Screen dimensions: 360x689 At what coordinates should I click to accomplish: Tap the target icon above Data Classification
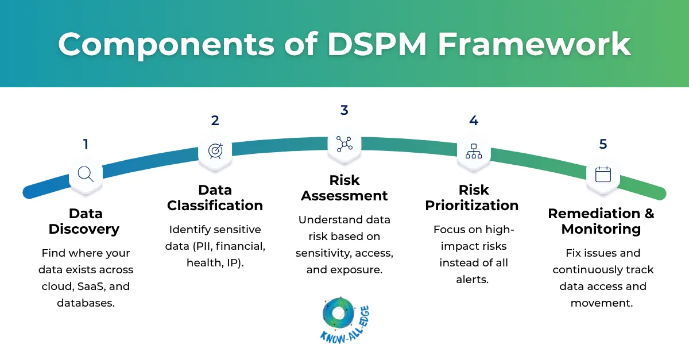[x=215, y=150]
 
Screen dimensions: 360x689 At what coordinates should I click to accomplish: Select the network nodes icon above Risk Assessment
[x=344, y=144]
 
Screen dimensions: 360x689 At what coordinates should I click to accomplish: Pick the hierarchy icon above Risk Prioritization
[x=474, y=150]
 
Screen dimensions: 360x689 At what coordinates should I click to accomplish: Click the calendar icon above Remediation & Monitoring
[x=603, y=174]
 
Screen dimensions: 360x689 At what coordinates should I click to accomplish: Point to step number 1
[x=86, y=144]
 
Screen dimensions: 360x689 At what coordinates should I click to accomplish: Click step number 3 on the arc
[x=344, y=110]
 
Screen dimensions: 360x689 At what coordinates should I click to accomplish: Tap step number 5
[x=603, y=144]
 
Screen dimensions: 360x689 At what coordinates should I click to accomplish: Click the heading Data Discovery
[x=85, y=221]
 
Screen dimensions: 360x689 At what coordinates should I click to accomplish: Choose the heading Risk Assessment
[x=344, y=188]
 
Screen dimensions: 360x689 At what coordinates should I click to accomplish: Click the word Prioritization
[x=472, y=205]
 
